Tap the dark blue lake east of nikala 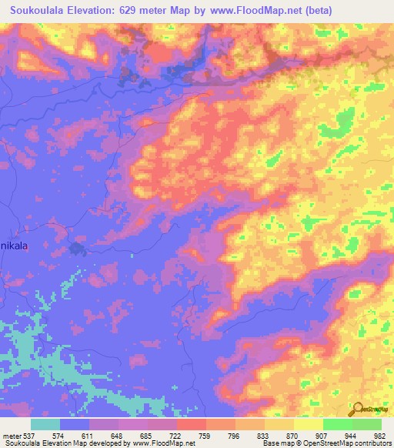[x=77, y=249]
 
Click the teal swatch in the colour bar [x=45, y=425]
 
